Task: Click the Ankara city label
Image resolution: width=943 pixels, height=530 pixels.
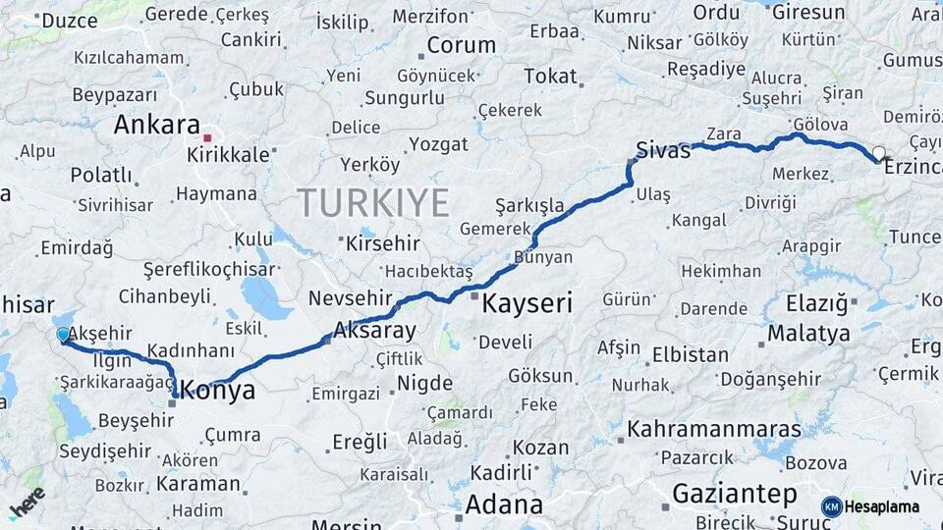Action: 156,125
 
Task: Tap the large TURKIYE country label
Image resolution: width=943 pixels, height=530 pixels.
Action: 373,202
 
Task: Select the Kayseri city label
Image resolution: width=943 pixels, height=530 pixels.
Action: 527,303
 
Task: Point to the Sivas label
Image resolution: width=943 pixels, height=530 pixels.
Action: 664,150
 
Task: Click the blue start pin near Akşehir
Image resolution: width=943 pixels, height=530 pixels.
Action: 64,336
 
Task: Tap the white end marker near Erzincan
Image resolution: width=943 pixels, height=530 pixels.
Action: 878,153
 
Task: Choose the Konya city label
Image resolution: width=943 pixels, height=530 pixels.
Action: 219,391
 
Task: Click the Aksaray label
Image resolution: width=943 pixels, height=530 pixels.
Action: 375,330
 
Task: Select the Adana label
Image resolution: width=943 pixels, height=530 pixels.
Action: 504,504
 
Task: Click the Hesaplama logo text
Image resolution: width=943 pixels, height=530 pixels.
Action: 882,506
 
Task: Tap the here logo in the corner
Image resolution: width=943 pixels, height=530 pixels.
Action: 27,502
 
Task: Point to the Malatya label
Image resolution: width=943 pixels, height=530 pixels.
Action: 808,333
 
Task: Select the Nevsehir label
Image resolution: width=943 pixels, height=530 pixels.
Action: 351,298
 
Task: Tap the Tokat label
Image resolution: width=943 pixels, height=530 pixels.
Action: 550,77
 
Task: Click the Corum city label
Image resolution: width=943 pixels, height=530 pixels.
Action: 462,45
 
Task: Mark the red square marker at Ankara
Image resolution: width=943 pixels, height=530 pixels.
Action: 207,137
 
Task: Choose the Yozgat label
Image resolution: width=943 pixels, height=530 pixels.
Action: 438,144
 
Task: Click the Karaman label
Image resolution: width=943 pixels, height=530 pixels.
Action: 198,484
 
